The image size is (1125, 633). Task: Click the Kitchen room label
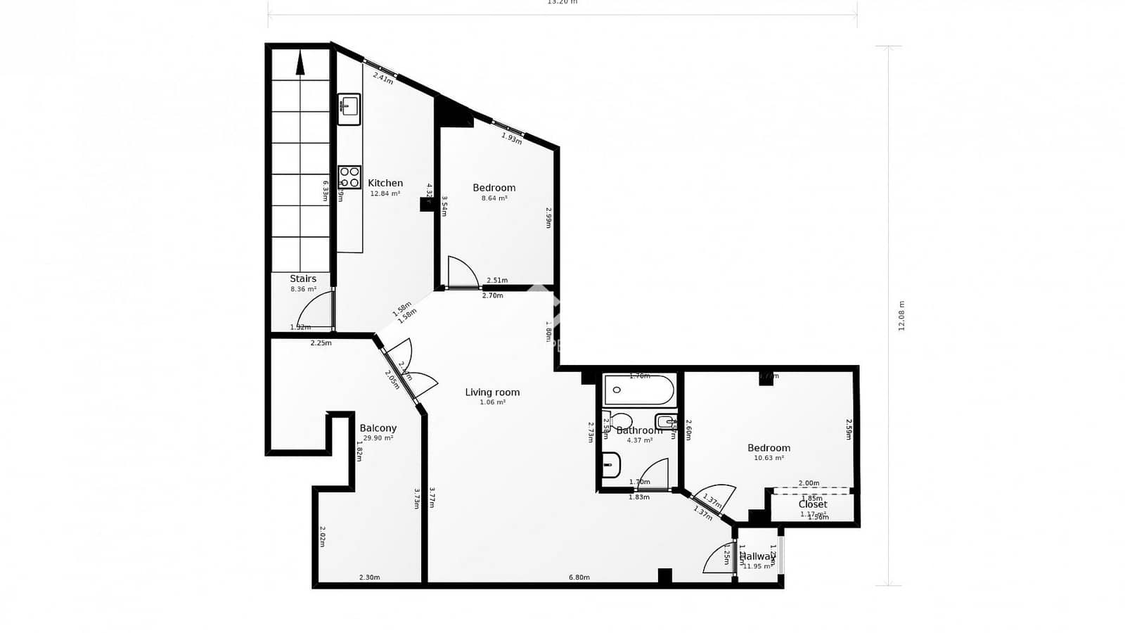[385, 184]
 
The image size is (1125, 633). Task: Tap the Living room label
[492, 392]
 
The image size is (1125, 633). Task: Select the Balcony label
[378, 428]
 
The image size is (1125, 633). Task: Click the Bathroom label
[639, 430]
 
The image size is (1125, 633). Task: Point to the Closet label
[813, 504]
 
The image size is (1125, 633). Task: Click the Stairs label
[303, 279]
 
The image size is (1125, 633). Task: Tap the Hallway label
[756, 556]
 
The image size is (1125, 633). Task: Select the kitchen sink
[349, 109]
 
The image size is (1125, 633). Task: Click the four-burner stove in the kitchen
[349, 177]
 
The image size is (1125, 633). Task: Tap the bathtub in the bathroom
[639, 390]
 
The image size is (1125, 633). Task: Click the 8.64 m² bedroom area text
[494, 198]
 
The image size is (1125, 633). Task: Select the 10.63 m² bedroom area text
[769, 458]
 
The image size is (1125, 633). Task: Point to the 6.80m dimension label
[579, 577]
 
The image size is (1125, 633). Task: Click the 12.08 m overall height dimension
[901, 316]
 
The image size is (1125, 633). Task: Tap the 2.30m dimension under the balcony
[369, 577]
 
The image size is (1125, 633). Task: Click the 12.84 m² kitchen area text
[385, 193]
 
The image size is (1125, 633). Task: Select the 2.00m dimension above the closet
[809, 483]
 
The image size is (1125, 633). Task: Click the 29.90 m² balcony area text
[378, 438]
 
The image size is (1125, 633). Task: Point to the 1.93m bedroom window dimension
[512, 139]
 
